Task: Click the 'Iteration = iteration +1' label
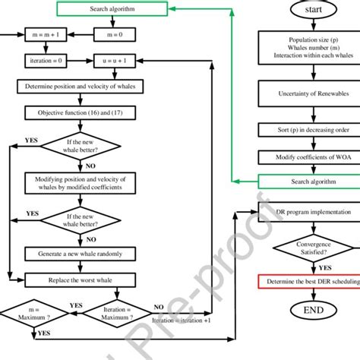pos(192,321)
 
